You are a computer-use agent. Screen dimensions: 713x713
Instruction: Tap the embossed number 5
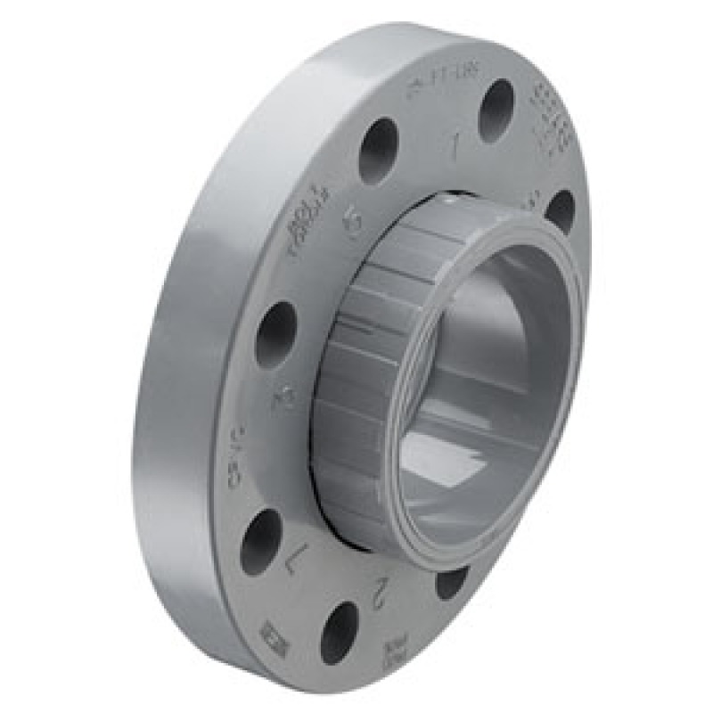(x=353, y=223)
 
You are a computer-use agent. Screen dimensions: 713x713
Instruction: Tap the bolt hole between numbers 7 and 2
(x=339, y=632)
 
